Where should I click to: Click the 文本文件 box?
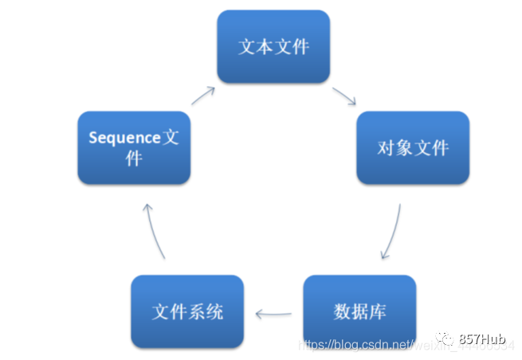tap(273, 46)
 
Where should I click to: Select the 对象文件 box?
tap(412, 147)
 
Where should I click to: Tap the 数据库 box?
tap(359, 310)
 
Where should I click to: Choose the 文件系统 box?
tap(187, 310)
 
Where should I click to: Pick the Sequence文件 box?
tap(134, 147)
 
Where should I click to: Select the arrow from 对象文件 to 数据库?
tap(392, 232)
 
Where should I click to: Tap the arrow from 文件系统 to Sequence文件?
tap(155, 231)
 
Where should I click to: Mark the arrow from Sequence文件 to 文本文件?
tap(202, 96)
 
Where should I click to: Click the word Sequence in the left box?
tap(124, 138)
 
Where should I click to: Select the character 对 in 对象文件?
tap(386, 148)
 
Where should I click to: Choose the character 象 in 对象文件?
tap(403, 148)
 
